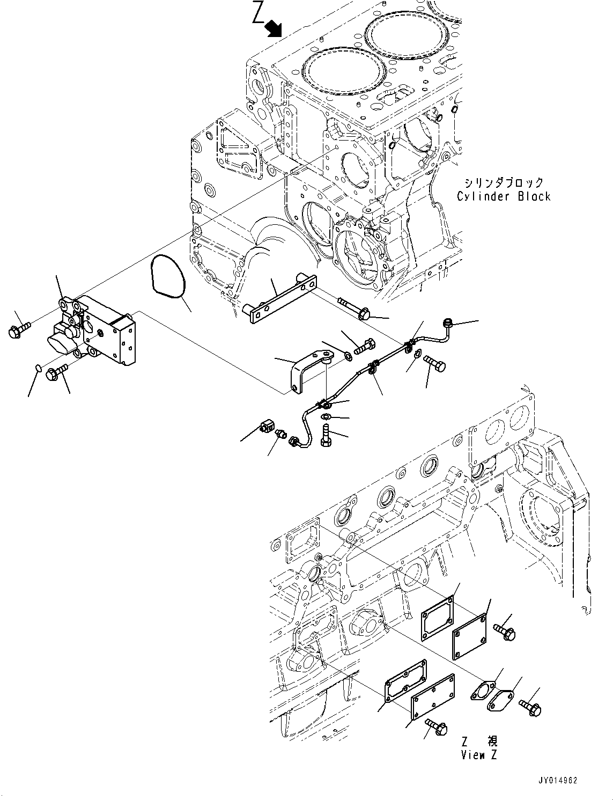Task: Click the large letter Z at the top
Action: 258,14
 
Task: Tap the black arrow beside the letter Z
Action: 275,27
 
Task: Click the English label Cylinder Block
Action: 503,196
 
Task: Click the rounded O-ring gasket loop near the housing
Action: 168,275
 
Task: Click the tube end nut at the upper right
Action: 447,323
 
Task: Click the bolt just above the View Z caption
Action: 438,727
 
